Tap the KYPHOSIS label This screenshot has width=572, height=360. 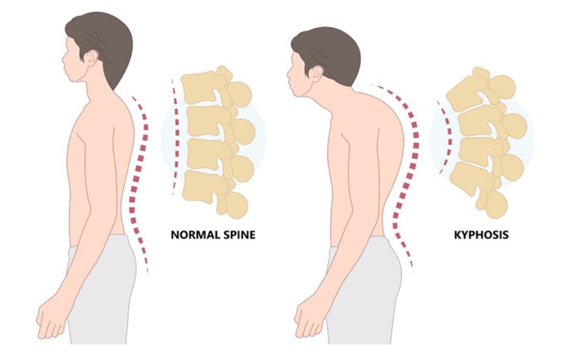point(481,234)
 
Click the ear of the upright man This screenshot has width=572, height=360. point(91,58)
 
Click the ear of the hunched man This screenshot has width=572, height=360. point(316,74)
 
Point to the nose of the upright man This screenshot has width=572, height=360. point(64,58)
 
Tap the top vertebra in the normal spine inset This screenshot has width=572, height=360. point(215,87)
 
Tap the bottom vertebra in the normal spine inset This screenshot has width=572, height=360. point(214,193)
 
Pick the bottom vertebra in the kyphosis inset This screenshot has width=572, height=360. point(478,188)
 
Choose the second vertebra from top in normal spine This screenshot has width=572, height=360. point(219,124)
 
